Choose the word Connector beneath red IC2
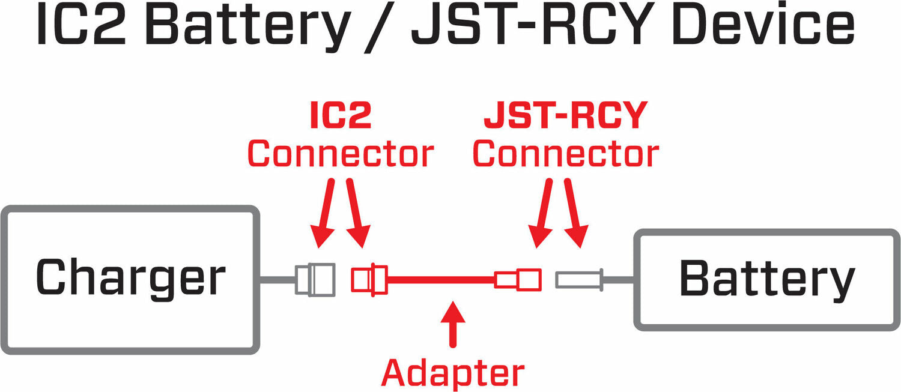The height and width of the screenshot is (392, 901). tap(340, 154)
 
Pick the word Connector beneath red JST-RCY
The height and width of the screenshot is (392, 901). tap(566, 154)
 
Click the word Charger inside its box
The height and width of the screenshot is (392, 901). tap(131, 278)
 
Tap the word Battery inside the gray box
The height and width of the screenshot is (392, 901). tap(766, 279)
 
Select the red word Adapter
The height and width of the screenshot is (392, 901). tap(453, 373)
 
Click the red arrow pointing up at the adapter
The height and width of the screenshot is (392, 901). tap(453, 324)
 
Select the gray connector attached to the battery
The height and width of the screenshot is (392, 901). tap(578, 279)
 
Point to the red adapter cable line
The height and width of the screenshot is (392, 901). tap(442, 279)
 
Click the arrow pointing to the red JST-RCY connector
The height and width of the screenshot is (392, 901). tap(542, 216)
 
